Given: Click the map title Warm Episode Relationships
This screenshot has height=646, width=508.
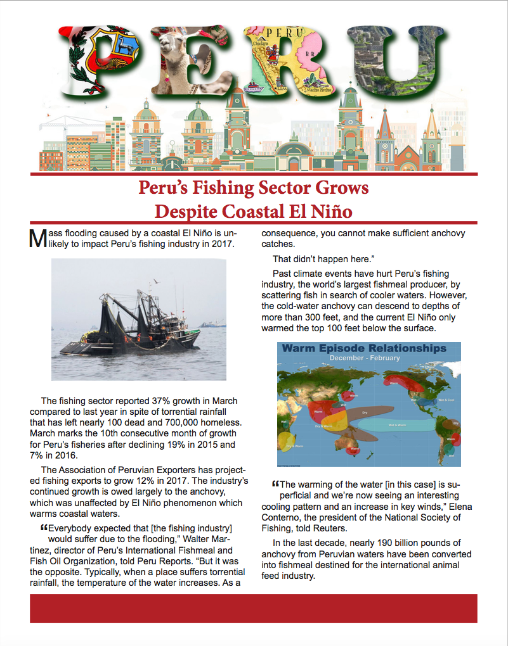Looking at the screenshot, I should click(x=364, y=348).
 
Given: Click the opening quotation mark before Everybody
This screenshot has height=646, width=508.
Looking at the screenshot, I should click(x=44, y=528).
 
